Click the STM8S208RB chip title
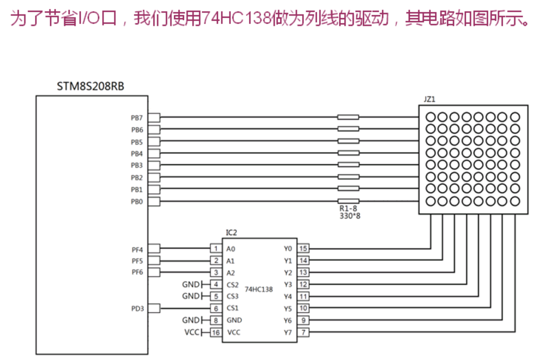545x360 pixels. click(x=91, y=87)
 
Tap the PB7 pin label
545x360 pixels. click(x=137, y=118)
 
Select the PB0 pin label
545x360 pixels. click(x=137, y=201)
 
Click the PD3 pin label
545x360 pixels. click(x=137, y=308)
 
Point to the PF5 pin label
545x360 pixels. click(x=137, y=261)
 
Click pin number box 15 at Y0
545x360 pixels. click(x=303, y=248)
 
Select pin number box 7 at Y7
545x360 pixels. click(x=303, y=332)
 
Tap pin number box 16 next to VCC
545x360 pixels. click(x=215, y=332)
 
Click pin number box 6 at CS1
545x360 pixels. click(x=215, y=308)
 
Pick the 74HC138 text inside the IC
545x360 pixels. click(x=258, y=289)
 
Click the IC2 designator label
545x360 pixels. click(x=231, y=232)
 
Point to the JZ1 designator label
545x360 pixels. click(x=429, y=99)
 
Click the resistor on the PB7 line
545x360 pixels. click(x=348, y=117)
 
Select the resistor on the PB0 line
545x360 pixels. click(x=348, y=201)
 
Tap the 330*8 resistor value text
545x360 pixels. click(x=350, y=215)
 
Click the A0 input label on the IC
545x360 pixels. click(x=231, y=249)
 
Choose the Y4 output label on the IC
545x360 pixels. click(x=288, y=297)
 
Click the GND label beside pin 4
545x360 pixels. click(x=191, y=284)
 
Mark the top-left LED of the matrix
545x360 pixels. click(x=431, y=117)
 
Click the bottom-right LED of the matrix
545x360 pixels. click(x=515, y=201)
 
